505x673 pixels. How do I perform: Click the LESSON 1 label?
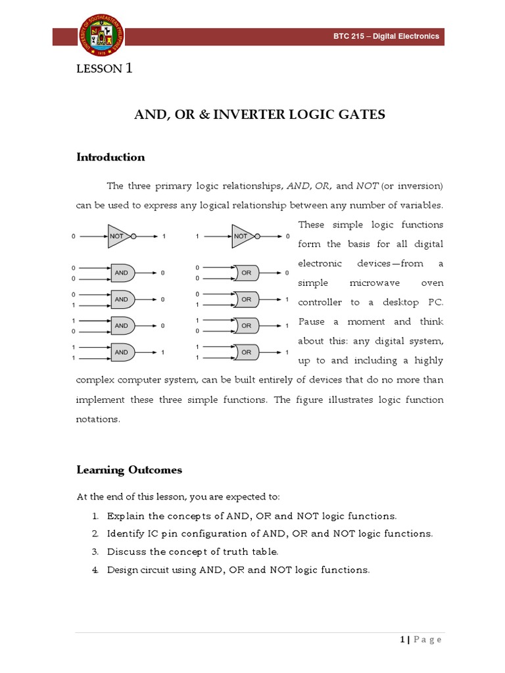(105, 68)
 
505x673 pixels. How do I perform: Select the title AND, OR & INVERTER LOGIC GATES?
(260, 115)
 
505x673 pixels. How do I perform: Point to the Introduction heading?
(110, 157)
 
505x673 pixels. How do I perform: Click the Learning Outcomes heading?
(129, 470)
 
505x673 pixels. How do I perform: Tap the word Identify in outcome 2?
(127, 534)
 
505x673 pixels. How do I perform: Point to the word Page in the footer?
(428, 640)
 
